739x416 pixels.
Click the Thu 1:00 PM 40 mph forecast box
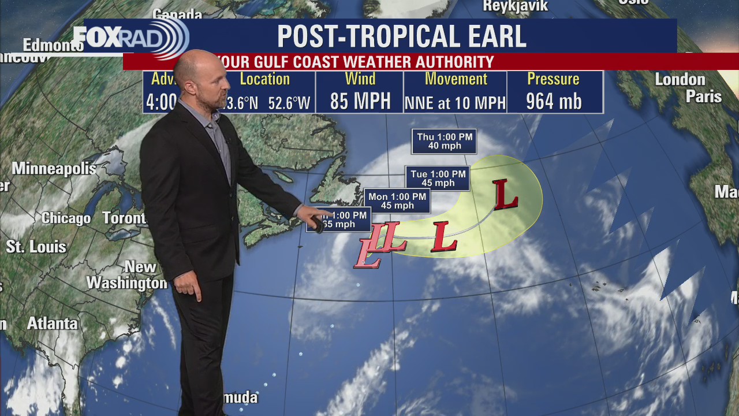pyautogui.click(x=444, y=142)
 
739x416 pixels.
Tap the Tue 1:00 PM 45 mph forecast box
pyautogui.click(x=438, y=179)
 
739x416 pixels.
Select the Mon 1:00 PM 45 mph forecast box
pyautogui.click(x=397, y=201)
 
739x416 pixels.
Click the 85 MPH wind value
pyautogui.click(x=360, y=102)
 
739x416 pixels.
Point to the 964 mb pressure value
pyautogui.click(x=554, y=102)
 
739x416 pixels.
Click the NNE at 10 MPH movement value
pyautogui.click(x=455, y=103)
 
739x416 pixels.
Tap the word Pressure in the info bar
pyautogui.click(x=553, y=79)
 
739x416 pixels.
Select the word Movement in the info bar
pyautogui.click(x=456, y=79)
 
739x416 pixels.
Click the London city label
pyautogui.click(x=680, y=80)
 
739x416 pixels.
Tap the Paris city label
pyautogui.click(x=703, y=96)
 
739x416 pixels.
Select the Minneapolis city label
pyautogui.click(x=54, y=169)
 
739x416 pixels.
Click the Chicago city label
pyautogui.click(x=66, y=218)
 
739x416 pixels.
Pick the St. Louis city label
pyautogui.click(x=36, y=247)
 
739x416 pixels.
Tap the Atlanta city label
pyautogui.click(x=52, y=324)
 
